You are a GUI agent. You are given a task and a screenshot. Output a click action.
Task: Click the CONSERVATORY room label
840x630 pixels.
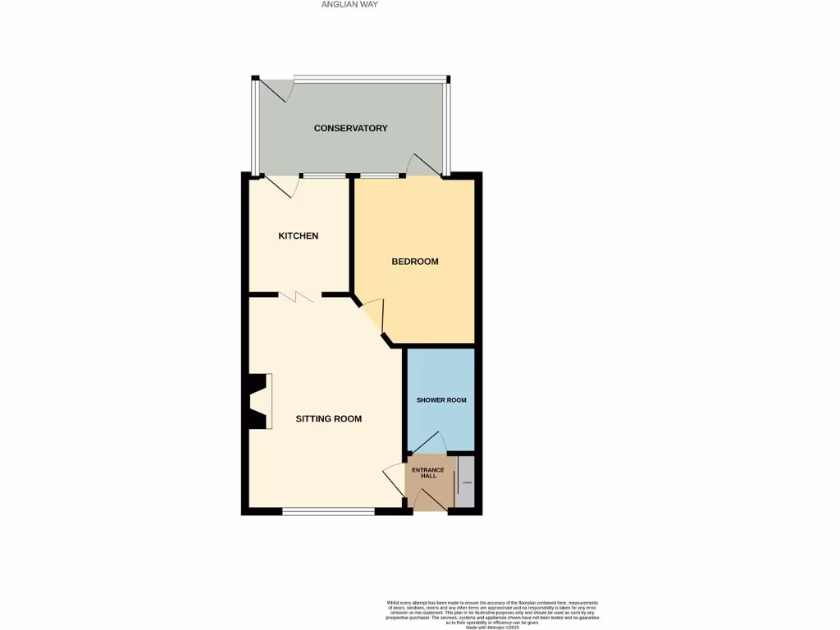coord(350,128)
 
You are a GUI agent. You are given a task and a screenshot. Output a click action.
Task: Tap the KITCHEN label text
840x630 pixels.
coord(298,236)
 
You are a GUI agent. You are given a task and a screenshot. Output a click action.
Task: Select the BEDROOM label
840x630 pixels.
coord(414,262)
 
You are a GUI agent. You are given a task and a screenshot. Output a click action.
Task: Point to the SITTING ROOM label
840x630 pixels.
coord(328,418)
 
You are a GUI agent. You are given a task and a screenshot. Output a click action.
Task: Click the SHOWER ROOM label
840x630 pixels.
coord(441,400)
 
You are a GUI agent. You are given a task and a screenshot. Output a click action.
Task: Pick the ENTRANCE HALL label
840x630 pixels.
coord(427,473)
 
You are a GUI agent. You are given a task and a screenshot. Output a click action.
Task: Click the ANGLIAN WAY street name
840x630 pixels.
coord(350,4)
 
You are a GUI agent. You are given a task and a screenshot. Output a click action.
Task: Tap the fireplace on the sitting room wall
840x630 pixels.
coord(258,401)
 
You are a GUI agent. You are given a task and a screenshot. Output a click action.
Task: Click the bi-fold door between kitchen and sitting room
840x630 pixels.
coord(296,297)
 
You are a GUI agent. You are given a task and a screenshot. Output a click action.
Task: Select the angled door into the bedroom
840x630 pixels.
coord(373,317)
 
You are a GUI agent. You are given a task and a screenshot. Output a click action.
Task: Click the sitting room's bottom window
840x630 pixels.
coord(328,512)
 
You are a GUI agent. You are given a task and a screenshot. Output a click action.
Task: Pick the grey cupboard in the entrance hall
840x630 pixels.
coord(466,482)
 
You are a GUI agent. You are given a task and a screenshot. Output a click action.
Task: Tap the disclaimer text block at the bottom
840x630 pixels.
coord(492,614)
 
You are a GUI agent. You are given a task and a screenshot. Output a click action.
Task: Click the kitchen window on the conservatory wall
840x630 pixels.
coord(323,176)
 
